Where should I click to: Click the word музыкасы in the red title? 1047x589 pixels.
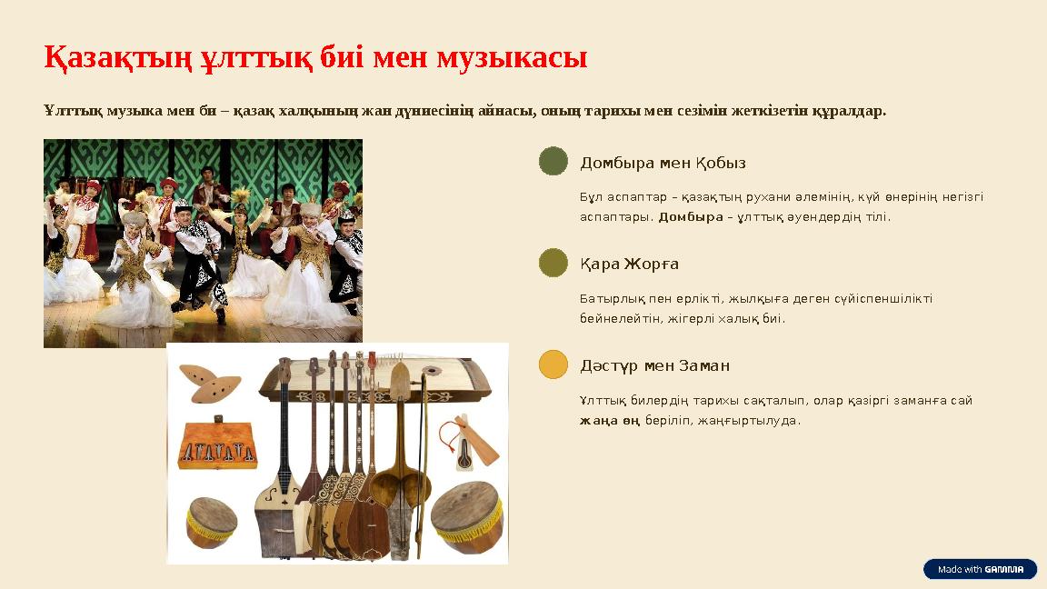click(x=512, y=58)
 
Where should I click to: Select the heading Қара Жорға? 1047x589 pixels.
click(x=629, y=264)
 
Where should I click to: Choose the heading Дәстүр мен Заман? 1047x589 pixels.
click(x=654, y=365)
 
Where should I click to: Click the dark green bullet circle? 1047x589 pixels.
click(x=553, y=161)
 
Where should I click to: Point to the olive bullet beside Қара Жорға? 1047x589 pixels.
click(x=553, y=263)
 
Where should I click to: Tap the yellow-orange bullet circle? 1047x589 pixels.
click(x=553, y=364)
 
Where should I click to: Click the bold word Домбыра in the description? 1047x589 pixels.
click(x=690, y=216)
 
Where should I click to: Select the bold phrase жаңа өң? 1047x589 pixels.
click(x=610, y=420)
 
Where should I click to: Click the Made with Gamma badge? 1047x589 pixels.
click(x=980, y=569)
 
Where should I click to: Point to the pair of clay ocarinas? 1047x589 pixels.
click(x=209, y=383)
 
